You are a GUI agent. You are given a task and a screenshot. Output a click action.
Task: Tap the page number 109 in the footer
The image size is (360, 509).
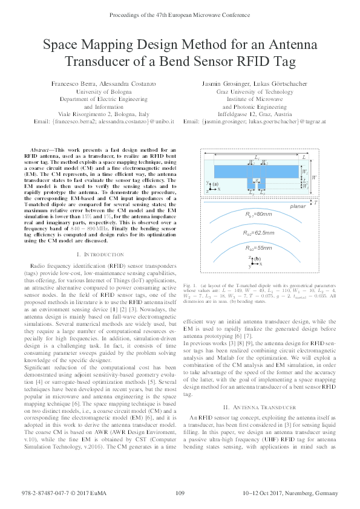[180, 494]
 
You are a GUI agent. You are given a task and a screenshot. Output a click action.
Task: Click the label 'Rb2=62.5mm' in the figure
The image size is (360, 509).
[258, 233]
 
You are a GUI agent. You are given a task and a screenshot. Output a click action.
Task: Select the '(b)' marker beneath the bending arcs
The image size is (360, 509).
[258, 259]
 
